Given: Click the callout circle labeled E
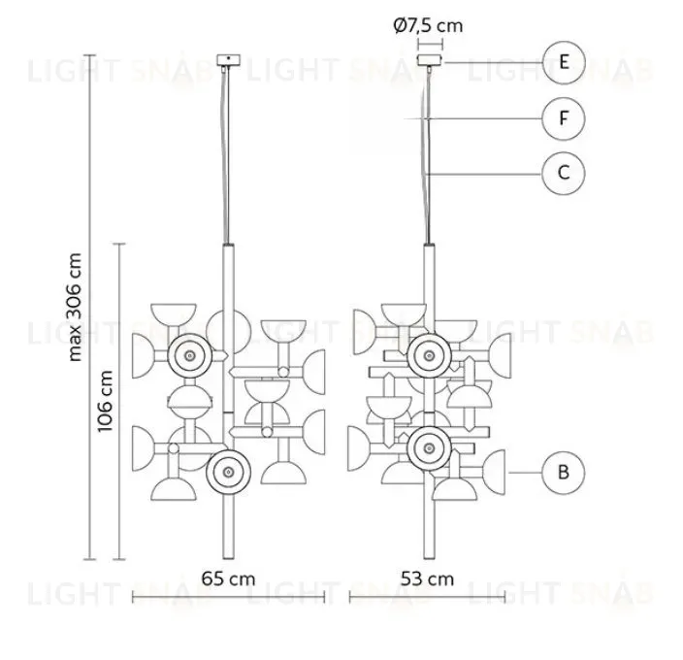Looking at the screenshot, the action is (564, 62).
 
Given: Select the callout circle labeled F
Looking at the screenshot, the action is (564, 118).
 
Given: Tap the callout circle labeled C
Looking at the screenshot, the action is (564, 173).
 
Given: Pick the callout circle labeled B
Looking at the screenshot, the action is (564, 473).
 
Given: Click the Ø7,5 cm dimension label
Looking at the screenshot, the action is (428, 25).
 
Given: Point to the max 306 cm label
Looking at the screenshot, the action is (75, 307).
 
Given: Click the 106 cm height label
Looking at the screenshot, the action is (105, 401).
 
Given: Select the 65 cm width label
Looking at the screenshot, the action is (228, 579).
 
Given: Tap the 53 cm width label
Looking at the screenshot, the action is (427, 579).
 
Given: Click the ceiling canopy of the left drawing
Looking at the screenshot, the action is (228, 59).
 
